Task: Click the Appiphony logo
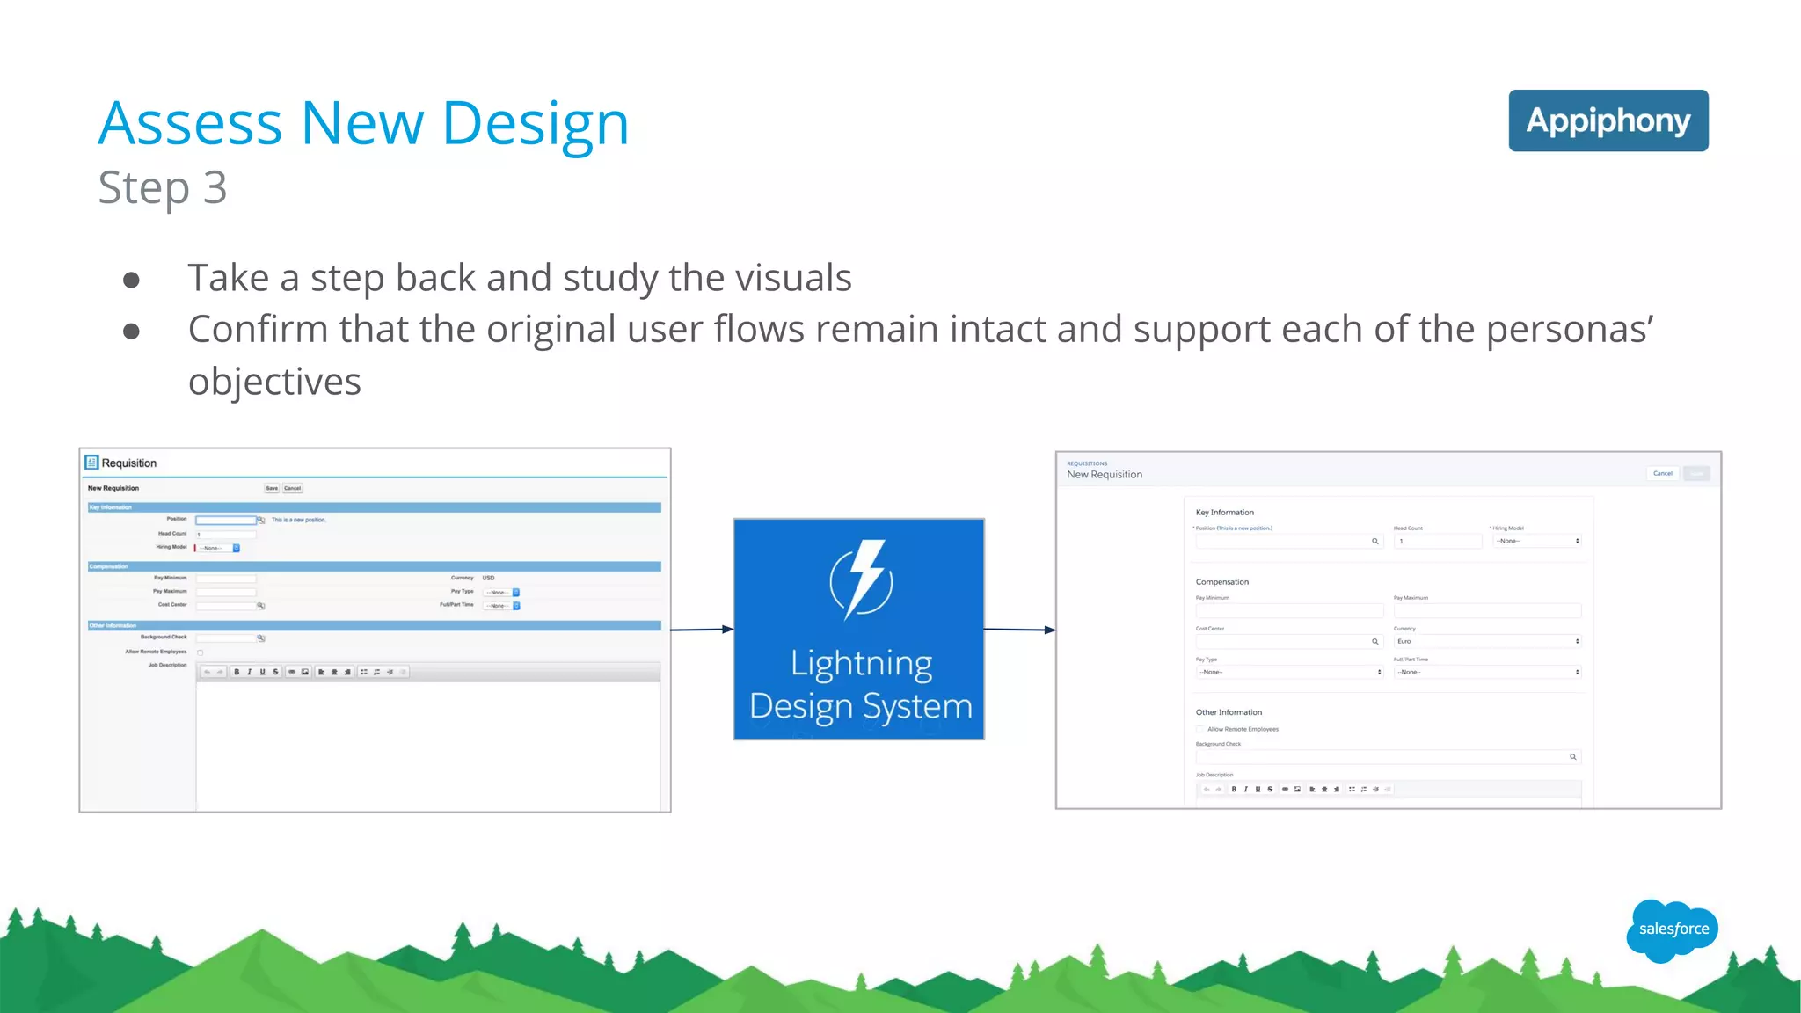pyautogui.click(x=1608, y=120)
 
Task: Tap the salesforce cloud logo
pyautogui.click(x=1673, y=929)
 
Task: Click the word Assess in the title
pyautogui.click(x=189, y=123)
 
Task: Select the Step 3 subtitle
pyautogui.click(x=163, y=187)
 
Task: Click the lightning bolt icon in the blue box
pyautogui.click(x=861, y=579)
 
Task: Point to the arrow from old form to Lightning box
pyautogui.click(x=701, y=630)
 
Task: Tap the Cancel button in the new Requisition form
pyautogui.click(x=1662, y=473)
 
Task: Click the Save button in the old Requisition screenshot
pyautogui.click(x=272, y=488)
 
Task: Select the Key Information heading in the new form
pyautogui.click(x=1224, y=512)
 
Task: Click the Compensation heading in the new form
pyautogui.click(x=1221, y=581)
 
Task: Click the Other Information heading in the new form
pyautogui.click(x=1228, y=712)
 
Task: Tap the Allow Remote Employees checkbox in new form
pyautogui.click(x=1199, y=729)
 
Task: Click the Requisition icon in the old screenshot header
pyautogui.click(x=91, y=463)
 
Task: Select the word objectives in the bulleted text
pyautogui.click(x=274, y=382)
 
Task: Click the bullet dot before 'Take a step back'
pyautogui.click(x=131, y=280)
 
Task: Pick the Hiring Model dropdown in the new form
pyautogui.click(x=1536, y=541)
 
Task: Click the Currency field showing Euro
pyautogui.click(x=1486, y=641)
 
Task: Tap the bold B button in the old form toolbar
pyautogui.click(x=237, y=672)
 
